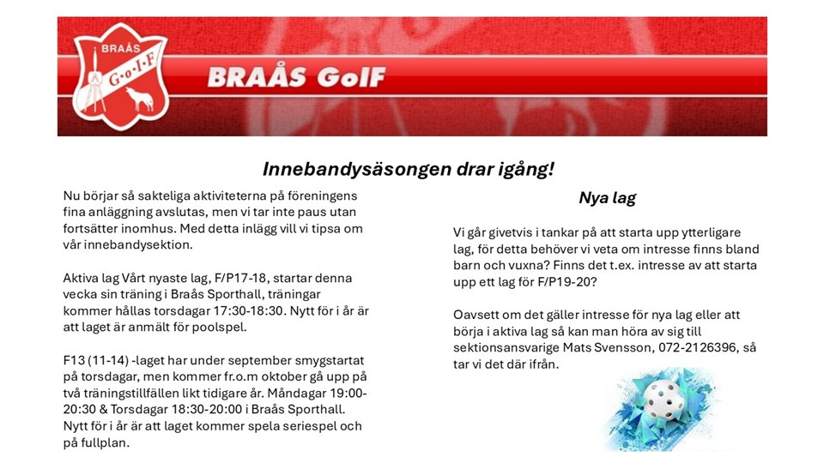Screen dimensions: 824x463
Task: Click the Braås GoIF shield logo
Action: click(120, 76)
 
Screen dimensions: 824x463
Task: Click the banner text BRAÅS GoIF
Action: click(296, 77)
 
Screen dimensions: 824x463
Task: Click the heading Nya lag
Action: click(607, 197)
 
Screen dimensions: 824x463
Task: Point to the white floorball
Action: click(664, 400)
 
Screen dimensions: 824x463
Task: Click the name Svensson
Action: click(623, 347)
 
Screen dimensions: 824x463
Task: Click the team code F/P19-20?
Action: click(567, 282)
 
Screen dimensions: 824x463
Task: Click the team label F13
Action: click(73, 361)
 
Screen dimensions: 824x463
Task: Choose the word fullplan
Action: click(105, 443)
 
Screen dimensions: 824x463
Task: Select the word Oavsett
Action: click(475, 315)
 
